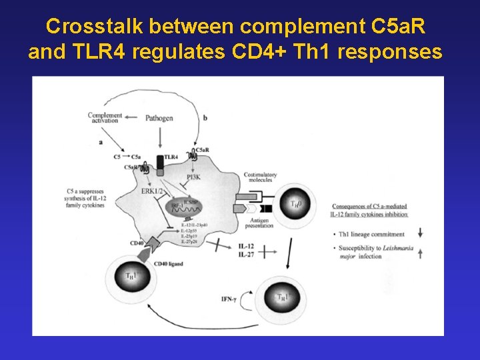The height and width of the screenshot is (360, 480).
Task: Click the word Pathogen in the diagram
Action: (159, 118)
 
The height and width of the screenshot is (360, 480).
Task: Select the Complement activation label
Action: (105, 118)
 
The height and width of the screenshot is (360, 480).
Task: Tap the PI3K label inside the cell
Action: (193, 177)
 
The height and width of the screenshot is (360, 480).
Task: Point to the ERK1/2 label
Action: (153, 191)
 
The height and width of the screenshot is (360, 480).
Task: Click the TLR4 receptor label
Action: (171, 157)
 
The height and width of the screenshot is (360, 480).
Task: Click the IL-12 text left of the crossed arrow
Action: (246, 246)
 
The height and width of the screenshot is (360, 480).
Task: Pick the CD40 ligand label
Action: (169, 264)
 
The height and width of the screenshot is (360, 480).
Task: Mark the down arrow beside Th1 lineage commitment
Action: (420, 233)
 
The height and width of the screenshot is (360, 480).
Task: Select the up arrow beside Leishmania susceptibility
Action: (420, 251)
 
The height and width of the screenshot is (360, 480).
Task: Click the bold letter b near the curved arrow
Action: (205, 118)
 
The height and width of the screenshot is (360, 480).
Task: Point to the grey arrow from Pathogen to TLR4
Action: (160, 139)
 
